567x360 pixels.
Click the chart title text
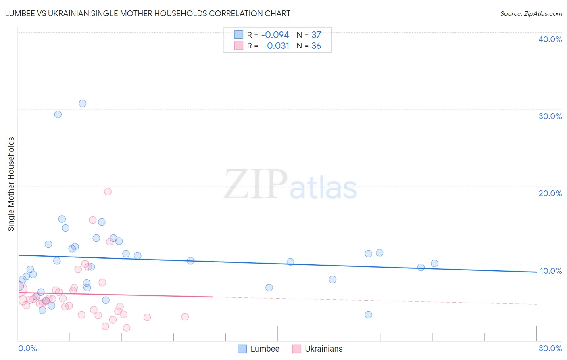point(148,13)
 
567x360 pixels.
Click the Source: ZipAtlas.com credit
point(531,14)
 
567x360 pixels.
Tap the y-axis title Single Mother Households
point(11,184)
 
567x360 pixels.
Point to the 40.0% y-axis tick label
point(550,39)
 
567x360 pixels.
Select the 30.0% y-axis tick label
point(550,116)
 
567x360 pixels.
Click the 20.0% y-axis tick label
point(550,193)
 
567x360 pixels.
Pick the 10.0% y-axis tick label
point(551,271)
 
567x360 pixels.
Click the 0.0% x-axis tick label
point(27,348)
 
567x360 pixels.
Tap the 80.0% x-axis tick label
point(550,348)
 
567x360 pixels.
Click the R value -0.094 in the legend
point(275,35)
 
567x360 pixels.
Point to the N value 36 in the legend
point(316,46)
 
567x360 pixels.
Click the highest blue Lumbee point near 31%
point(83,103)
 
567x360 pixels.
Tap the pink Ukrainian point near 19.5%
point(108,192)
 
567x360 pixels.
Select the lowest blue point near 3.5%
point(368,315)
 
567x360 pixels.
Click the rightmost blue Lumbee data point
point(434,264)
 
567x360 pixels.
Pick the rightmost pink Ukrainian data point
point(185,317)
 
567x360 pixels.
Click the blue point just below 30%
point(58,115)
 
